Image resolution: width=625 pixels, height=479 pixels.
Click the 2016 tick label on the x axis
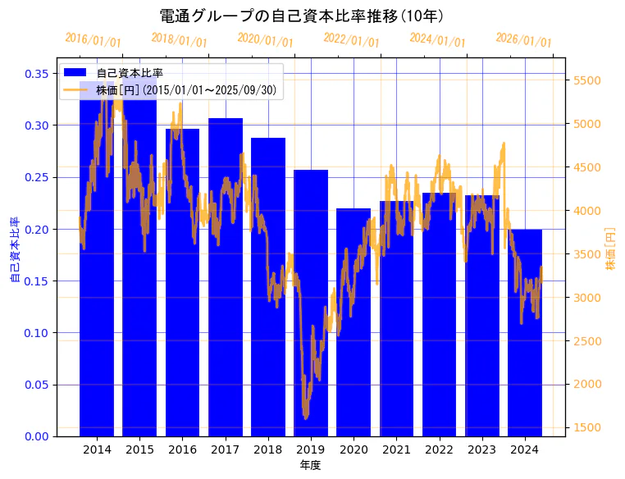pos(182,449)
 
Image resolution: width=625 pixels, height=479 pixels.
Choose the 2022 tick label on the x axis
pos(439,449)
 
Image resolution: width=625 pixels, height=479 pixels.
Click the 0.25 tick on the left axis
pos(36,177)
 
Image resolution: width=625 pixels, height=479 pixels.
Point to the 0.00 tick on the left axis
pos(36,436)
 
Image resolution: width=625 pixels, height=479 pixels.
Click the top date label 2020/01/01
pos(265,39)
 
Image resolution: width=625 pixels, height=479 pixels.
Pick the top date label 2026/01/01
pos(524,39)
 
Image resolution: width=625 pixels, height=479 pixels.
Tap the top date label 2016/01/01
pos(93,39)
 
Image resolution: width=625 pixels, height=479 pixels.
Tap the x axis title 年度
pos(310,465)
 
